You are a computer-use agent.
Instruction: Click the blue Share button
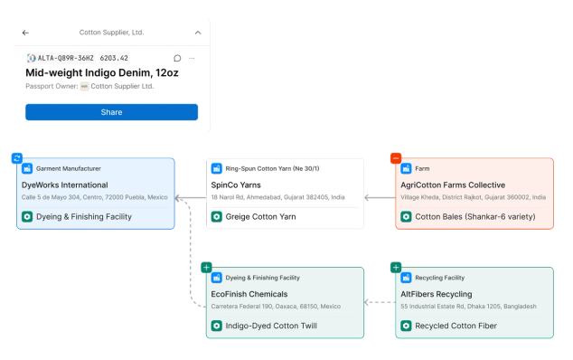(x=111, y=112)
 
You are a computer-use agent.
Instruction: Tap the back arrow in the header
(x=25, y=33)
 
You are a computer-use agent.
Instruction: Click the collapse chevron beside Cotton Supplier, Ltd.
(x=198, y=33)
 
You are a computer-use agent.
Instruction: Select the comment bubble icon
(x=177, y=58)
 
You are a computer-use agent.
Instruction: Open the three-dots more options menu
(x=192, y=58)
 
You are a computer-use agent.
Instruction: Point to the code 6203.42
(x=114, y=58)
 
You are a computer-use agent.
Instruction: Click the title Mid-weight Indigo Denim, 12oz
(x=102, y=72)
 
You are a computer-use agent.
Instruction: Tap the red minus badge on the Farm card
(x=396, y=158)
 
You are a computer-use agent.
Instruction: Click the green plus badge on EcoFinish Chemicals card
(x=206, y=268)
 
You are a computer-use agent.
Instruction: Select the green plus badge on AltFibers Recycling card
(x=396, y=268)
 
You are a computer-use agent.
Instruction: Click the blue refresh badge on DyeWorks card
(x=17, y=158)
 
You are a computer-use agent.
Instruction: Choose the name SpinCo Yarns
(x=236, y=185)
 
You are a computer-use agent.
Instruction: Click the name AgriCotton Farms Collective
(x=453, y=185)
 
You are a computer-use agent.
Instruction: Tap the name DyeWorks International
(x=65, y=185)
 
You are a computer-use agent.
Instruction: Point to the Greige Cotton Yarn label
(x=260, y=216)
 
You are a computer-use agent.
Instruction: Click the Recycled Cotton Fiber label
(x=456, y=326)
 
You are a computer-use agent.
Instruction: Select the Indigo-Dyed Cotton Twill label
(x=271, y=326)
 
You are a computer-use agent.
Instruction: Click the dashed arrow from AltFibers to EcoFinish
(x=380, y=302)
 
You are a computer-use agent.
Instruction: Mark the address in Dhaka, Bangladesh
(x=468, y=307)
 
